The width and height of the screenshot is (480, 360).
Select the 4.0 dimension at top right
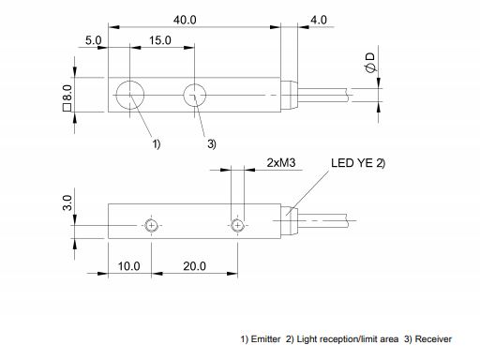pos(318,18)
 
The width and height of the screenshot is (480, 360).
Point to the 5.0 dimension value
pos(92,41)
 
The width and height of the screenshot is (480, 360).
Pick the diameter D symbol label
pos(370,64)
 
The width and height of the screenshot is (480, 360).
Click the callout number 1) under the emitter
pos(157,143)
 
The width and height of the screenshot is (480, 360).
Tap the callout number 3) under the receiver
pos(211,143)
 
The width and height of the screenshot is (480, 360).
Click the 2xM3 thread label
pos(281,162)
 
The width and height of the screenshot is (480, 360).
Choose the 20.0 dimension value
pos(194,266)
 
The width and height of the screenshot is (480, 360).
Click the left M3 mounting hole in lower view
pos(151,225)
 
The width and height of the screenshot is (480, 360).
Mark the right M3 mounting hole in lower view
pos(238,225)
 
